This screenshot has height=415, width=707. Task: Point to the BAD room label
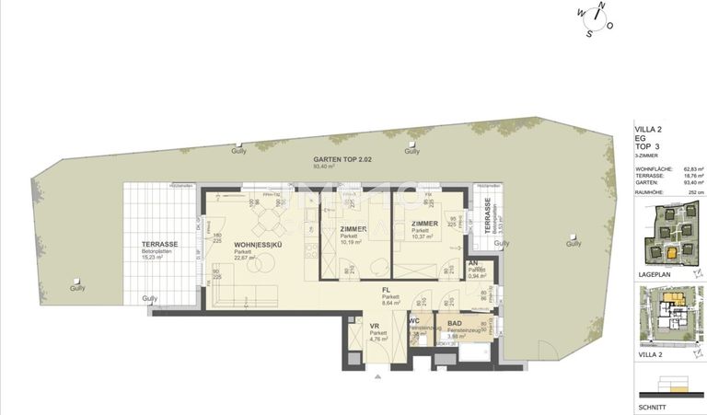tap(455, 323)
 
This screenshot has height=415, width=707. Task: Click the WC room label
tap(413, 322)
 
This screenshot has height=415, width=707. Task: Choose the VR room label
tap(375, 326)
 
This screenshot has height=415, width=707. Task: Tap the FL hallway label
tap(390, 290)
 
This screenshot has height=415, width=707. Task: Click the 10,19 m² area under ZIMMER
tap(353, 243)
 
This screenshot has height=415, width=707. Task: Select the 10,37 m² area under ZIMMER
tap(424, 237)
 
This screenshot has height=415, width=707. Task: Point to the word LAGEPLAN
tap(654, 273)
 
